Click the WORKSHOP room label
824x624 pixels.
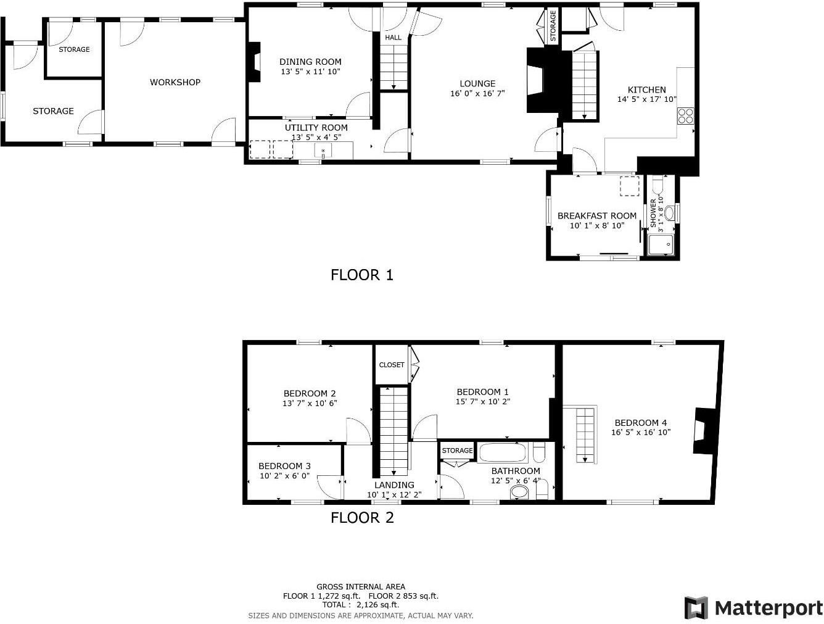click(x=175, y=82)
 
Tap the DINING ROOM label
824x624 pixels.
click(x=310, y=62)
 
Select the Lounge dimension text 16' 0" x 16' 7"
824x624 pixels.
click(x=477, y=94)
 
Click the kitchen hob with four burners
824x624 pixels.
click(x=685, y=115)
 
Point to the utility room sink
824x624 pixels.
click(x=323, y=150)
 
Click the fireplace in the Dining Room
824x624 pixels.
click(x=253, y=62)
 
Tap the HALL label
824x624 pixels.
click(x=393, y=38)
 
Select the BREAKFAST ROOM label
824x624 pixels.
click(x=596, y=216)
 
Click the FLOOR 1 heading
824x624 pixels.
click(x=361, y=275)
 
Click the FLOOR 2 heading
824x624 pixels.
click(x=361, y=518)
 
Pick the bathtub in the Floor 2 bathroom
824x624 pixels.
click(x=503, y=452)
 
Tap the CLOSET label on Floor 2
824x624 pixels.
click(x=392, y=365)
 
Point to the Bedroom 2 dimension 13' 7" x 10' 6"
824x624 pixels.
click(x=310, y=404)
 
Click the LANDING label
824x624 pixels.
click(x=394, y=485)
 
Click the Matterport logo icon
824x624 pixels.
click(x=696, y=608)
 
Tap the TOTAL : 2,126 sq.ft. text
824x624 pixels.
click(x=360, y=605)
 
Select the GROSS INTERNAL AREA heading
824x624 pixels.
click(x=361, y=587)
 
